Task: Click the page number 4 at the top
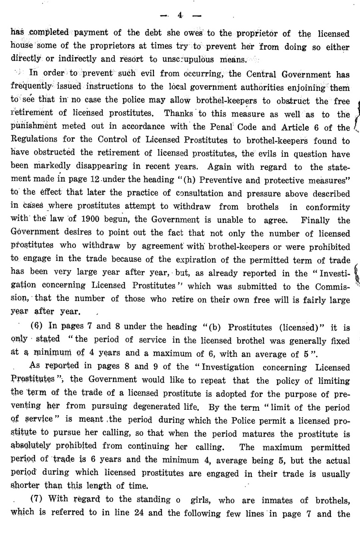(x=179, y=15)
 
